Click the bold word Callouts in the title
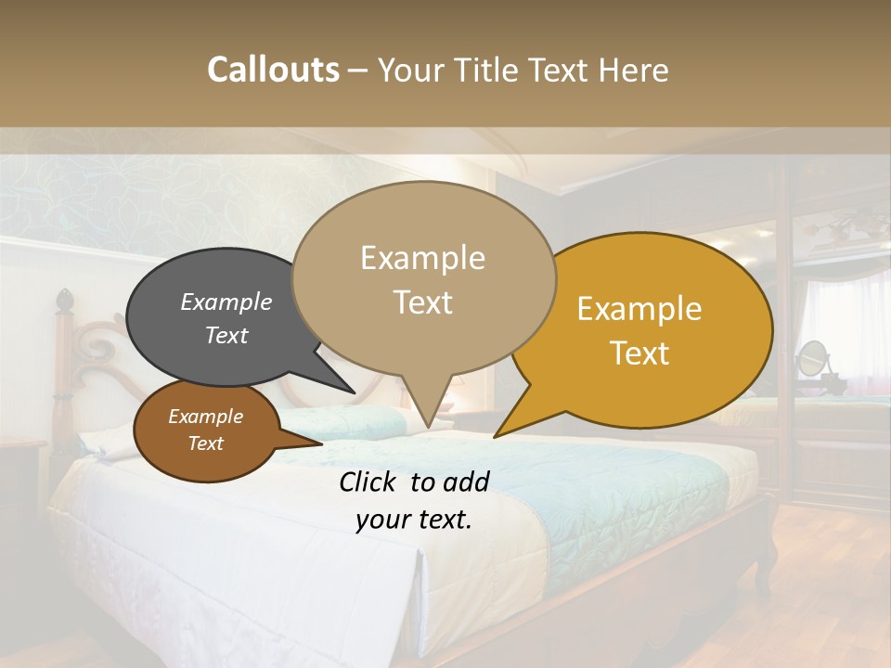[273, 70]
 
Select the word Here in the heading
[635, 70]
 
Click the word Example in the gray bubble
[226, 302]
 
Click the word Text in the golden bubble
[639, 353]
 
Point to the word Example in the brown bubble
[205, 417]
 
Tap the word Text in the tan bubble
[423, 302]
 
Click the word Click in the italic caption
[369, 482]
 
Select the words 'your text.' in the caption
[414, 520]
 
